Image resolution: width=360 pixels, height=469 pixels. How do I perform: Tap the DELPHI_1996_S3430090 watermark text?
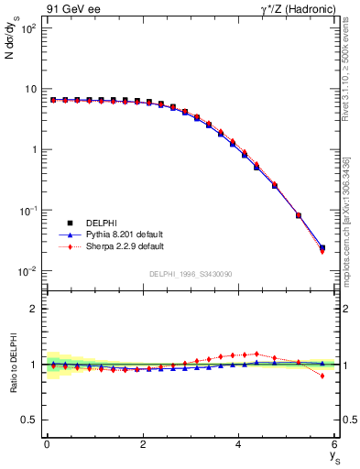tap(190, 274)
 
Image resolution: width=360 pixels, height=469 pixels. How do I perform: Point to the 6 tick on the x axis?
tap(335, 444)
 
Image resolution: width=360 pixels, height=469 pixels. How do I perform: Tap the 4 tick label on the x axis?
tap(239, 444)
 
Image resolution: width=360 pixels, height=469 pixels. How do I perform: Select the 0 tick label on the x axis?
tap(47, 444)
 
